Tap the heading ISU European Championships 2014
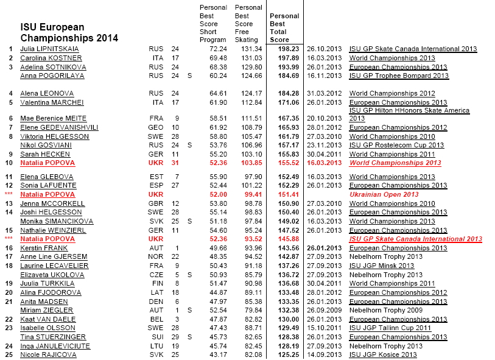pos(69,33)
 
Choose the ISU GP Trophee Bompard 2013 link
pos(398,76)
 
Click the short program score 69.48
pos(217,58)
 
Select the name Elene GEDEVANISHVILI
pos(60,128)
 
